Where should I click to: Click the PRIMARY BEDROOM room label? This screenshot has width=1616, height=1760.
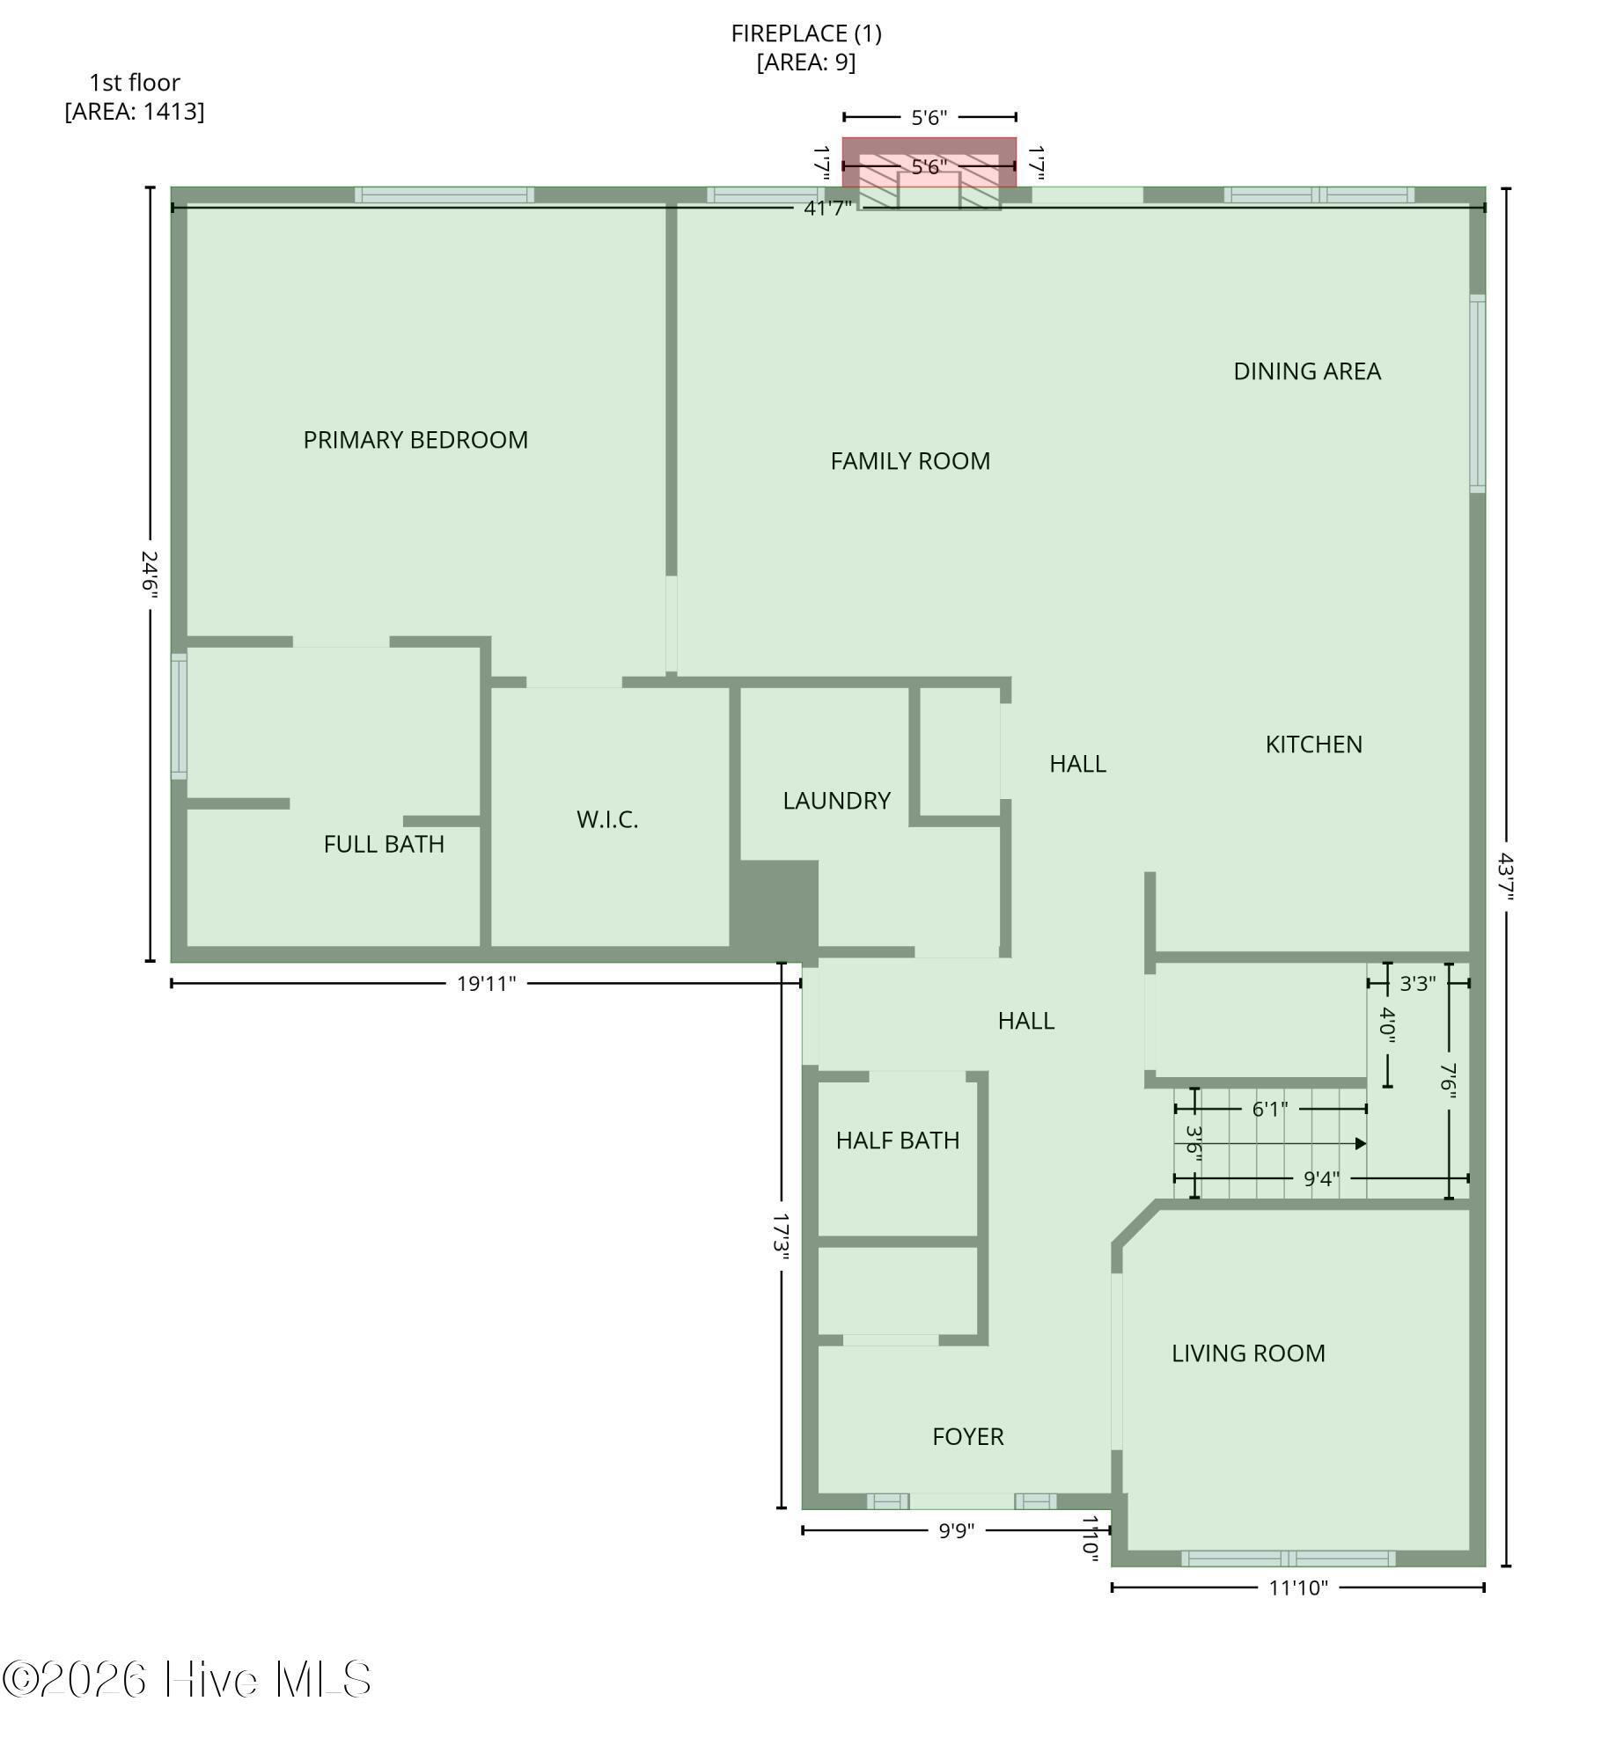415,440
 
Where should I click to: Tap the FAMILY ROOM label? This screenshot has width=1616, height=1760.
910,461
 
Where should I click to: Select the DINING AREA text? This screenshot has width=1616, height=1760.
1307,371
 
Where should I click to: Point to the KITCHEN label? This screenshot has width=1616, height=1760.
1313,744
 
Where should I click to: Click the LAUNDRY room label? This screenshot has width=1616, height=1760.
836,801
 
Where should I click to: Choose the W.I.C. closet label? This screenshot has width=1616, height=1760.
607,819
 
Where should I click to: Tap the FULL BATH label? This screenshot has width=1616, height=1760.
384,844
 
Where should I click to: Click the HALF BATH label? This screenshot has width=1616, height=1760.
898,1140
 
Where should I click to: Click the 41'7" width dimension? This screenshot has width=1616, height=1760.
827,209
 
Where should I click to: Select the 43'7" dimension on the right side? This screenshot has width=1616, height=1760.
1506,876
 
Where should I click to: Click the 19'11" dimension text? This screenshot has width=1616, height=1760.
486,983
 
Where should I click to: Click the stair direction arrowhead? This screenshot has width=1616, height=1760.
1361,1143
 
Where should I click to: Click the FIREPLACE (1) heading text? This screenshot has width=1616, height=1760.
806,33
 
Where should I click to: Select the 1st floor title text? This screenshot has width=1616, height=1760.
135,83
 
